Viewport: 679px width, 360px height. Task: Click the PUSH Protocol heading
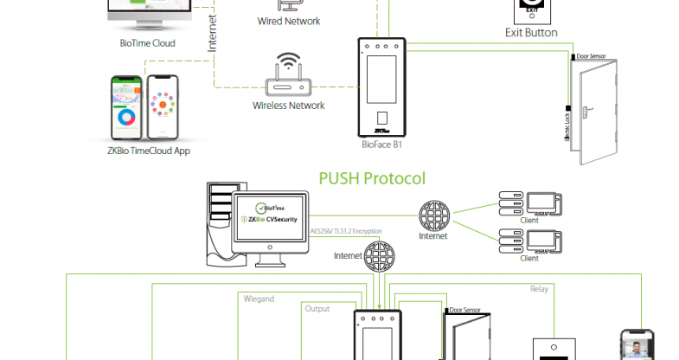point(372,179)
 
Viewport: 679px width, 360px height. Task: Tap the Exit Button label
point(531,33)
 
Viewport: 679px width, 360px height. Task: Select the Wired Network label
point(289,21)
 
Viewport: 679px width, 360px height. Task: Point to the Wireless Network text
point(289,106)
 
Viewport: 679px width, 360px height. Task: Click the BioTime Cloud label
point(147,42)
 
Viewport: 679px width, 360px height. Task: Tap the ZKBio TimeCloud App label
point(144,151)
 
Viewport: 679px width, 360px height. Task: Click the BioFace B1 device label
point(381,145)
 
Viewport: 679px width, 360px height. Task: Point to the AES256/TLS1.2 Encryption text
point(356,232)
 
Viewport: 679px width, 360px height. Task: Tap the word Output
point(317,308)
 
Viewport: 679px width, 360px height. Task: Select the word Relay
point(539,290)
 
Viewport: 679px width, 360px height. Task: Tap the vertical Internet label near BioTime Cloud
point(212,33)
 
